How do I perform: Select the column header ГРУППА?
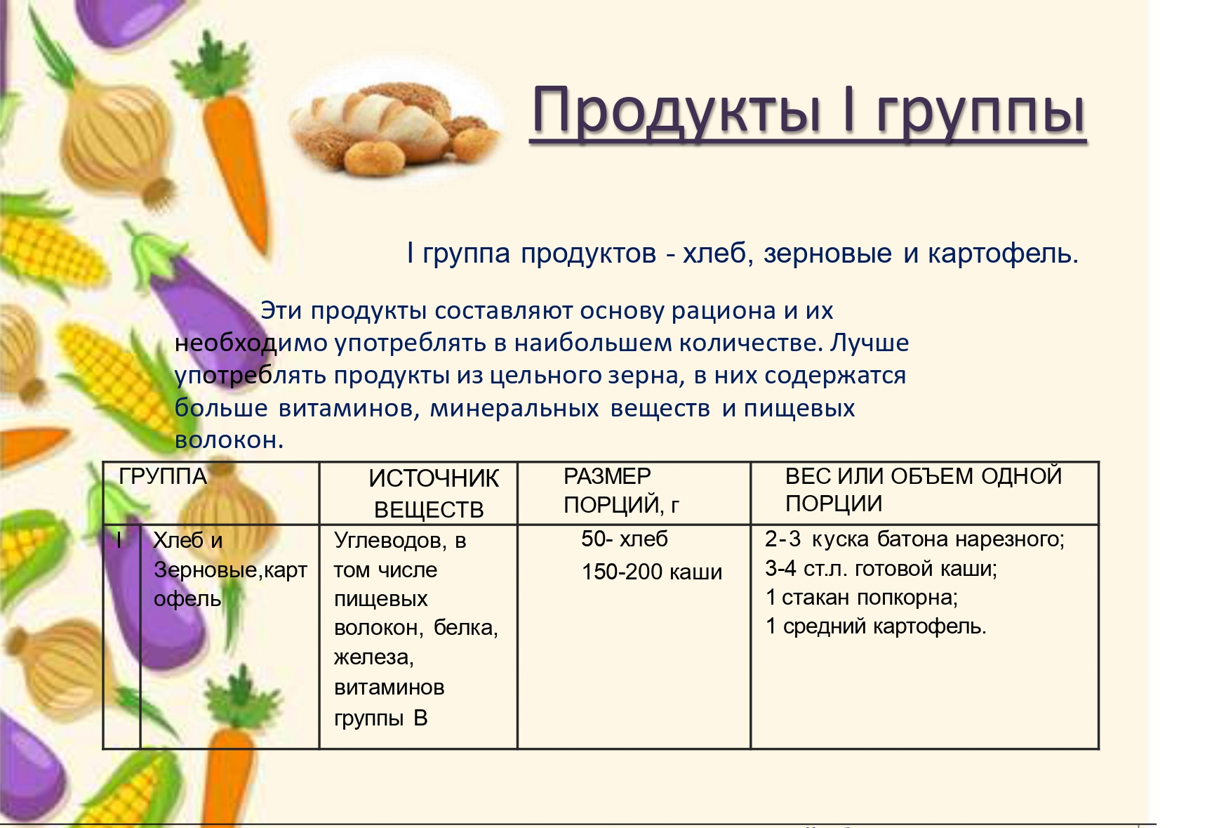pyautogui.click(x=163, y=476)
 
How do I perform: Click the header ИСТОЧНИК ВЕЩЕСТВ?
pyautogui.click(x=433, y=494)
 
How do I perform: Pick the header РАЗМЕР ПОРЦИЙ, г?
pyautogui.click(x=621, y=490)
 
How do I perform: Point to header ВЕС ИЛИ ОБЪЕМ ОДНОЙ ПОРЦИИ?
pyautogui.click(x=924, y=489)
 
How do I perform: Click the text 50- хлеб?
pyautogui.click(x=625, y=539)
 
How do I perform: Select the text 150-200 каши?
pyautogui.click(x=652, y=572)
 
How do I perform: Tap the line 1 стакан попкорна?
pyautogui.click(x=862, y=597)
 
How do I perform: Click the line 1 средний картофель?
pyautogui.click(x=876, y=626)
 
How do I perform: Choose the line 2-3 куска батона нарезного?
pyautogui.click(x=915, y=539)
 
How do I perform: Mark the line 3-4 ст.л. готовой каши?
pyautogui.click(x=881, y=567)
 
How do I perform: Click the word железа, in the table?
pyautogui.click(x=374, y=657)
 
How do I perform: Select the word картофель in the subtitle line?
pyautogui.click(x=1003, y=254)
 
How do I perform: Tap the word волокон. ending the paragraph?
pyautogui.click(x=229, y=440)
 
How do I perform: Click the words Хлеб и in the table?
pyautogui.click(x=188, y=540)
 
